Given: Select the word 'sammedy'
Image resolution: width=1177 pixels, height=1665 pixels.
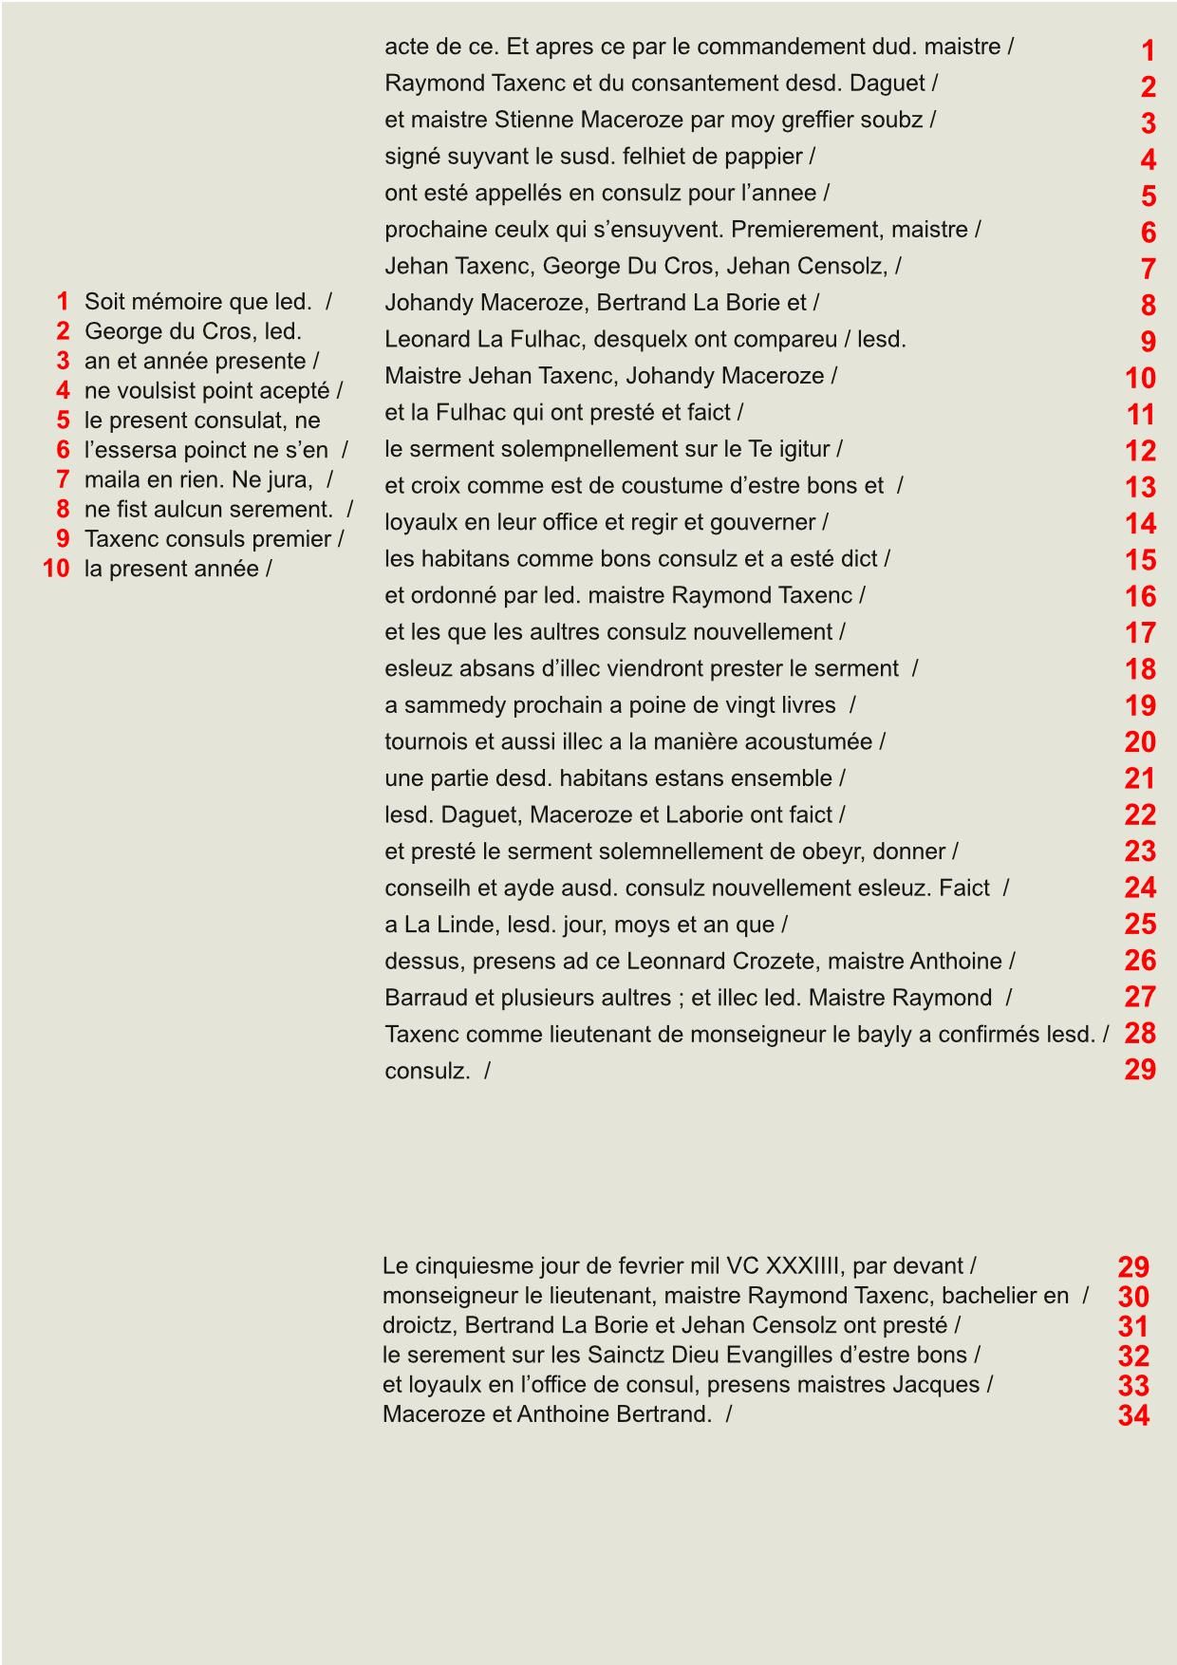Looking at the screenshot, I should pyautogui.click(x=456, y=705).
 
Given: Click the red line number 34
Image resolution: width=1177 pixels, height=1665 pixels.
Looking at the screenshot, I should pyautogui.click(x=1133, y=1415).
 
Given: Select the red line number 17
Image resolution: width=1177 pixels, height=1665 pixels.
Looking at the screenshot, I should pyautogui.click(x=1140, y=632).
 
